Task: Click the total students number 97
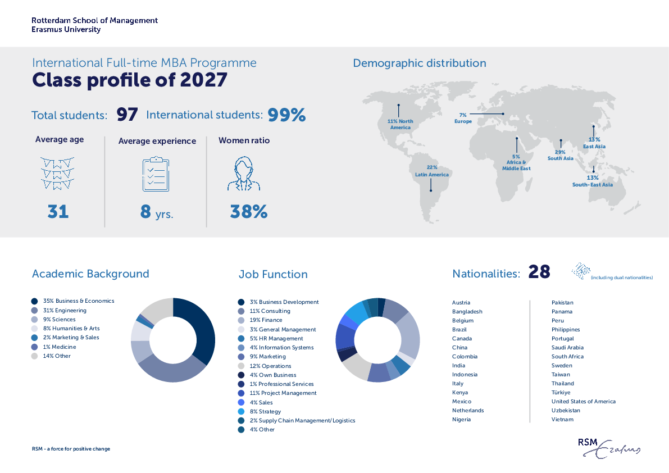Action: coord(127,115)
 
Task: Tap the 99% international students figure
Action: coord(286,115)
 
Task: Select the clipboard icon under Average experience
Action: coord(156,175)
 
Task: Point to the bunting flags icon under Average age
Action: coord(57,174)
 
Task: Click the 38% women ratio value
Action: coord(248,212)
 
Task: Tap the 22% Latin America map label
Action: coord(431,171)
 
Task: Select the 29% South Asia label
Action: coord(560,155)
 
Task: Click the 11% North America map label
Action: coord(400,124)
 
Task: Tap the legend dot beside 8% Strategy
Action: coord(241,411)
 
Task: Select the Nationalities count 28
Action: coord(539,272)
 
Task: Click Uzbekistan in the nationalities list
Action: coord(566,410)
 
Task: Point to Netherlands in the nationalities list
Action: coord(467,410)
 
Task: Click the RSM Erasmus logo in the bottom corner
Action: coord(609,447)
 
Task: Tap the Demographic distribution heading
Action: coord(419,63)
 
